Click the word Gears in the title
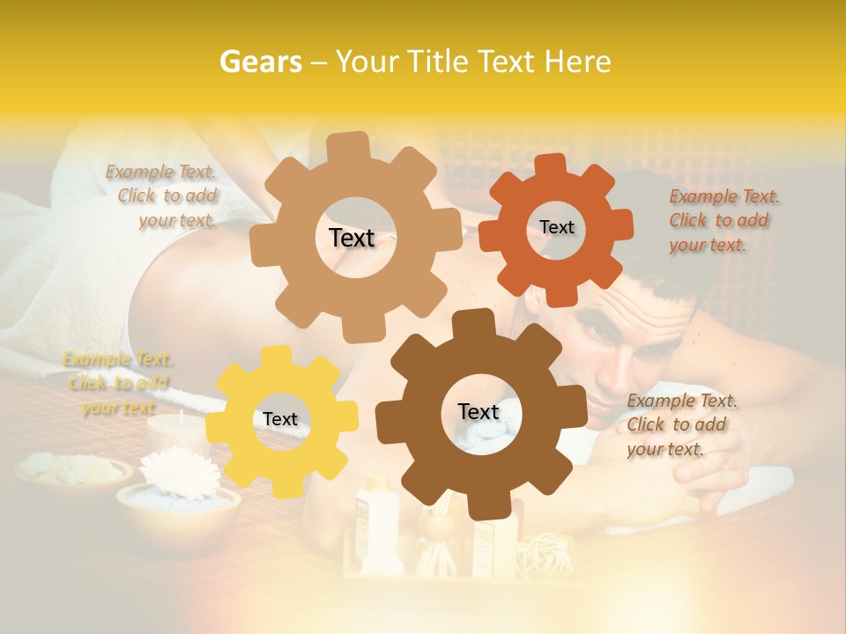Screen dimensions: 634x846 tap(260, 62)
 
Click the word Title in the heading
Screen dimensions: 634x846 tap(438, 62)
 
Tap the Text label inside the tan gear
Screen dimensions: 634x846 tap(352, 238)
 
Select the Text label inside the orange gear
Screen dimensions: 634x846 tap(556, 227)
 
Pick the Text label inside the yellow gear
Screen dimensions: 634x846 tap(280, 420)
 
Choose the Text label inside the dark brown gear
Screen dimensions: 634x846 tap(479, 412)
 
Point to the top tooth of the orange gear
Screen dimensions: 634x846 tap(550, 165)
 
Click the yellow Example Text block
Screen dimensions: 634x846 tap(117, 383)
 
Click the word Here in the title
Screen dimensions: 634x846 tap(577, 62)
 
